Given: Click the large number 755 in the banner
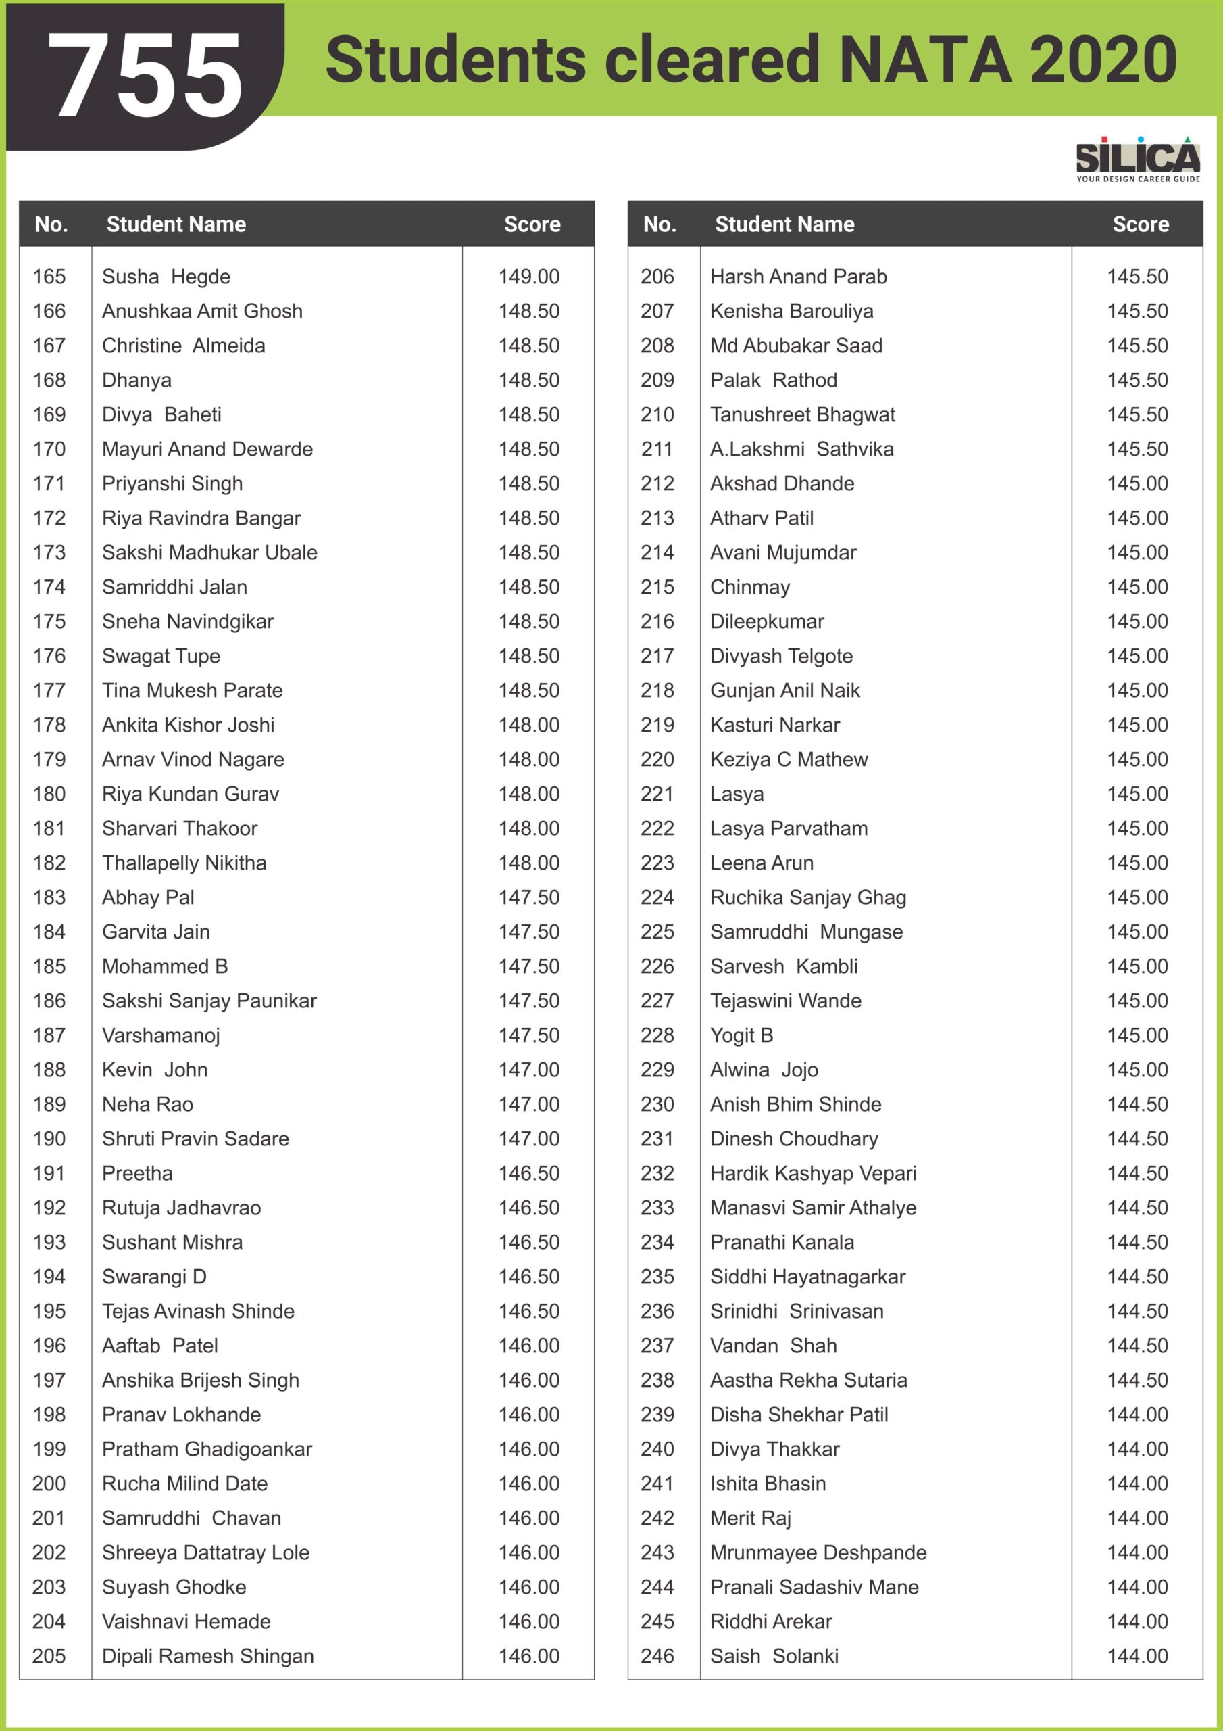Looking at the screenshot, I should [145, 75].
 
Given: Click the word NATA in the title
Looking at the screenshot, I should [924, 60].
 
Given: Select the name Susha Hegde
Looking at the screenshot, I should [166, 277].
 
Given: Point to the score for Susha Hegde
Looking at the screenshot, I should [528, 277].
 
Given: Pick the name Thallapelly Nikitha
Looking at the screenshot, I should [184, 863].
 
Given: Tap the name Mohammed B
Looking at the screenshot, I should [164, 966].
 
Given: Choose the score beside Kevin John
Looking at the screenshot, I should [528, 1070].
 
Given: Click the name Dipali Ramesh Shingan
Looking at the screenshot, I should [207, 1657].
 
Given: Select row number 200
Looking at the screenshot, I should [49, 1484].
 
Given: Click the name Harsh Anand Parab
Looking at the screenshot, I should [798, 277].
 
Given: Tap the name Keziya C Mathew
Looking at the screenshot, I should [789, 759].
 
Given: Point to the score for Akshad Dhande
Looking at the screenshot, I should [1137, 483].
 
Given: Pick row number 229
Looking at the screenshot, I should [657, 1070].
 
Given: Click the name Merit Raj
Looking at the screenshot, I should [750, 1519].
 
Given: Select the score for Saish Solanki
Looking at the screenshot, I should [1137, 1657].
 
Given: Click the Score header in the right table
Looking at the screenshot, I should [1140, 224].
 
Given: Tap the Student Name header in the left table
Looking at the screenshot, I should [176, 224].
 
